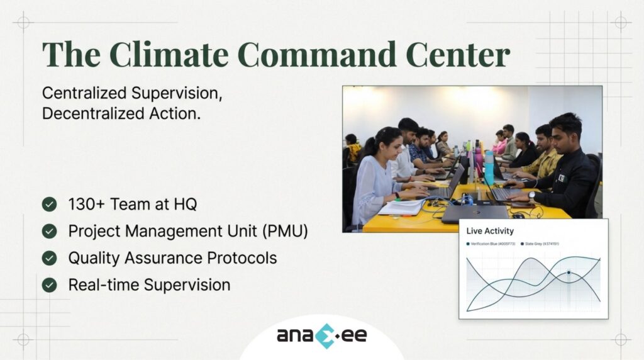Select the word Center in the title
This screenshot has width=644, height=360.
tap(457, 55)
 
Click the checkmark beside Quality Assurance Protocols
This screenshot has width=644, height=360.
tap(49, 258)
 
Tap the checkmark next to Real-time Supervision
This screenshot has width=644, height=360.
tap(49, 285)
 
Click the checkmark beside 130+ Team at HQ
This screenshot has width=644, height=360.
tap(49, 204)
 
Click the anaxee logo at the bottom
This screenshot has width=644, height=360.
tap(321, 334)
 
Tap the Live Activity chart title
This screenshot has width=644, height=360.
tap(490, 231)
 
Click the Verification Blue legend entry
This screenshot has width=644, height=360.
tap(493, 244)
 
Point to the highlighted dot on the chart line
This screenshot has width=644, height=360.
tap(569, 273)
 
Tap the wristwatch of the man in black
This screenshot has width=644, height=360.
tap(532, 195)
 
